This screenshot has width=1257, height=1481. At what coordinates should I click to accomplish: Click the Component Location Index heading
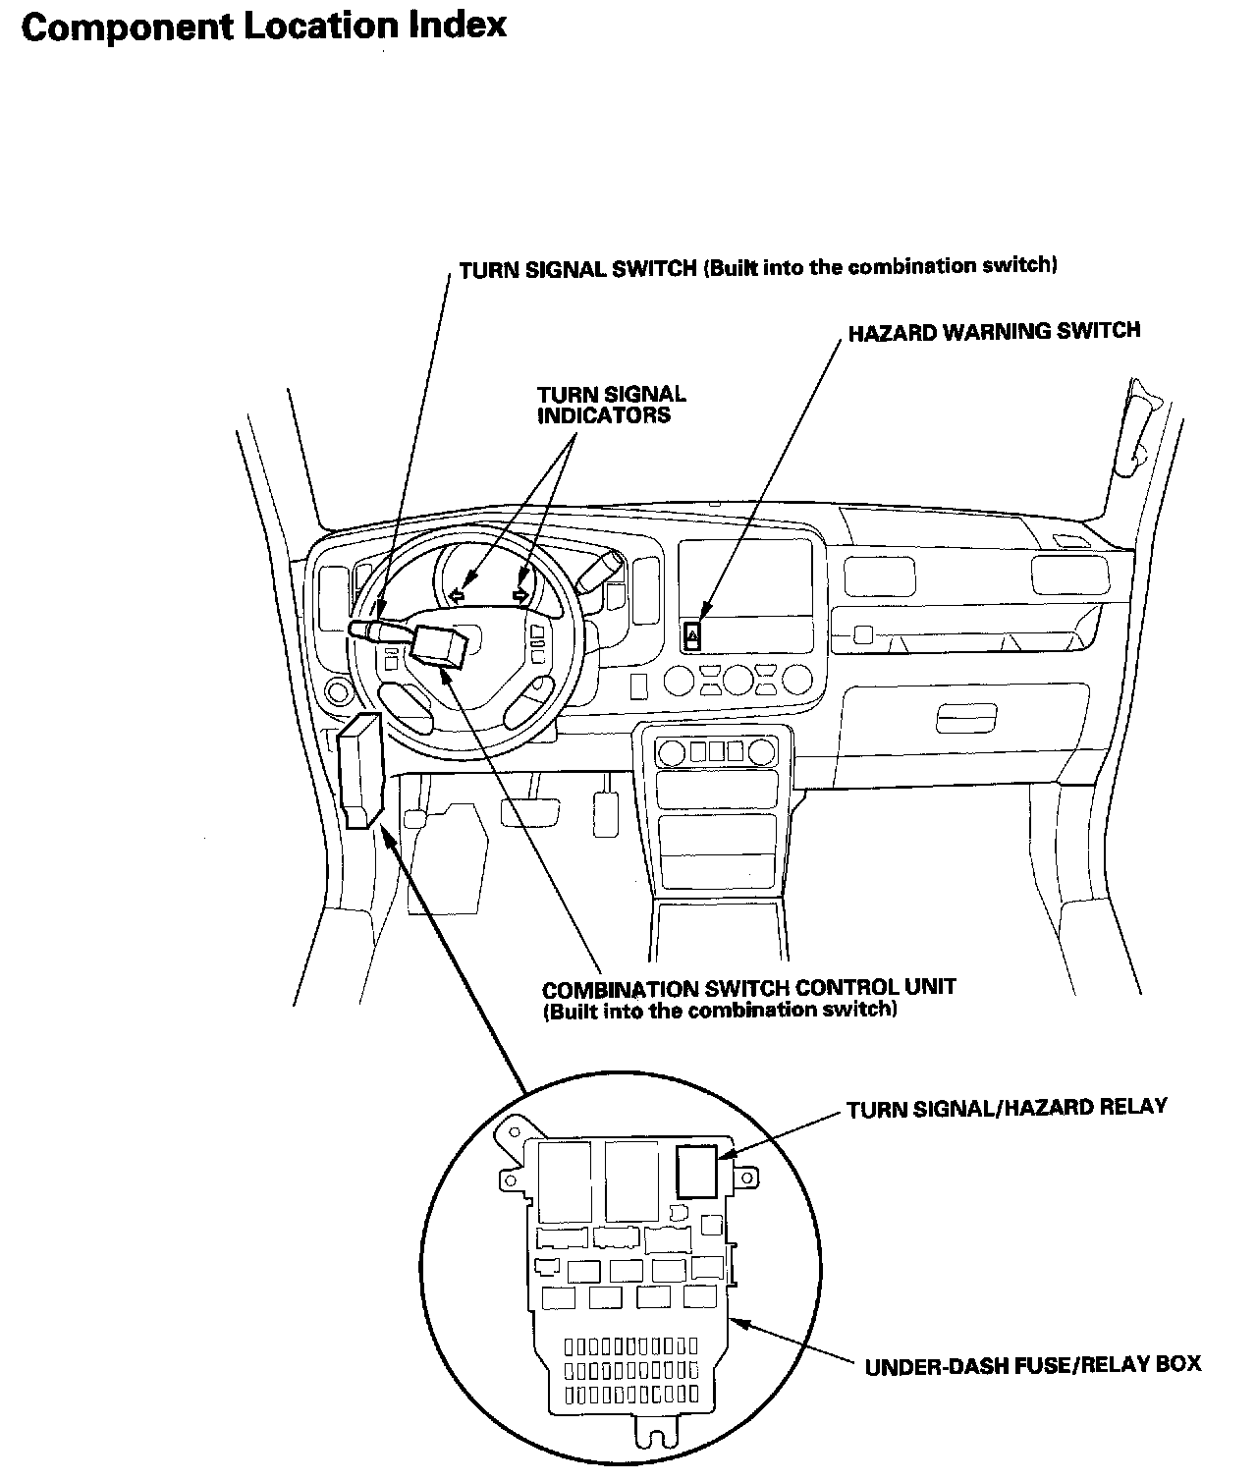click(263, 27)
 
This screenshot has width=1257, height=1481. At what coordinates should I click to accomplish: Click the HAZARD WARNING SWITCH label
click(994, 331)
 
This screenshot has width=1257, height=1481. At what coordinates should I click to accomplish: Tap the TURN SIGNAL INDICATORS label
click(611, 405)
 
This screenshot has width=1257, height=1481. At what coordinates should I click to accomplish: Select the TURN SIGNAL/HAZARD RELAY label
click(1007, 1108)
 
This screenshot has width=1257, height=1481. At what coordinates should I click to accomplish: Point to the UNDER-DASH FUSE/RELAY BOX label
click(1032, 1365)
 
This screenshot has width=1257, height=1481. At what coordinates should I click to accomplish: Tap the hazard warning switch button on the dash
click(692, 636)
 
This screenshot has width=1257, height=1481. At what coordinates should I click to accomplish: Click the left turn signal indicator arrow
click(456, 593)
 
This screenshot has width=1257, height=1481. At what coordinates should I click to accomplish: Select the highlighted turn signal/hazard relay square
click(698, 1171)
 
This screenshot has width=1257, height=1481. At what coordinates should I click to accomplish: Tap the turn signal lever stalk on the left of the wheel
click(373, 628)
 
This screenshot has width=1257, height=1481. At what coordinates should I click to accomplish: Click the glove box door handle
click(965, 717)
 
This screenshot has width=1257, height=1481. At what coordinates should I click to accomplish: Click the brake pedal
click(519, 811)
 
